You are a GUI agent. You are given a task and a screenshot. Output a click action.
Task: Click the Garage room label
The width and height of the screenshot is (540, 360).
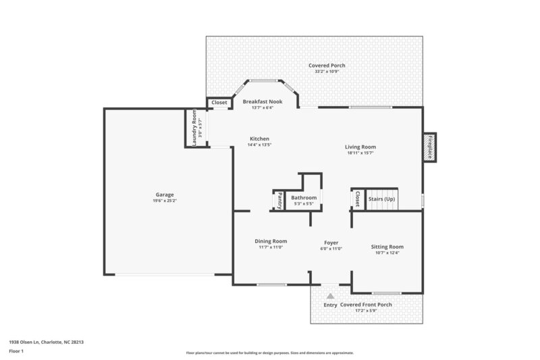tap(165, 195)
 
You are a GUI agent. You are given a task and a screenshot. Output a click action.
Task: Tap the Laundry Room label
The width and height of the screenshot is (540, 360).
tap(194, 128)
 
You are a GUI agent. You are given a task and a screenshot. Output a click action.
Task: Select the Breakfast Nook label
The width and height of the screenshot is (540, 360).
tap(262, 102)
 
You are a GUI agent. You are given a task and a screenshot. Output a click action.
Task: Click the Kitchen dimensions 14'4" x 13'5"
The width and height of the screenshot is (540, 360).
tap(259, 145)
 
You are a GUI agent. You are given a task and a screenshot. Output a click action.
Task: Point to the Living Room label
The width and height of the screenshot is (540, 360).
tap(360, 147)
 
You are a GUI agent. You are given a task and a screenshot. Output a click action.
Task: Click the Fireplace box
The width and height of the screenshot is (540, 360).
tap(429, 147)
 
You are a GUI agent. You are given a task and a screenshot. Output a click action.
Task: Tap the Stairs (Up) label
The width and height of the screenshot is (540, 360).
tap(381, 199)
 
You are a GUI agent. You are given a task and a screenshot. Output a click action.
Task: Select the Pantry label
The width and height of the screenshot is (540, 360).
tap(279, 201)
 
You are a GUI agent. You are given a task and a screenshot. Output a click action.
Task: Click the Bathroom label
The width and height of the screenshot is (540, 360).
tap(304, 198)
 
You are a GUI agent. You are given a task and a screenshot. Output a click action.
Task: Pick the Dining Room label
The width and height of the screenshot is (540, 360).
tap(271, 241)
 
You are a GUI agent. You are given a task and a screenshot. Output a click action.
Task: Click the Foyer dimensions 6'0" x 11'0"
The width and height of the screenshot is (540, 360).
tap(331, 249)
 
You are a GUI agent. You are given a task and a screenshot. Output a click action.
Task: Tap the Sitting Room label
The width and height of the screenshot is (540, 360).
tap(387, 247)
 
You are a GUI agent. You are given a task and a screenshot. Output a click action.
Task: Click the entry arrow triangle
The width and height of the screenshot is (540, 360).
tap(330, 297)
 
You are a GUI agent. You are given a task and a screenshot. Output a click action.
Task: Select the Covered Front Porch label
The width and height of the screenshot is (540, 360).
tap(366, 305)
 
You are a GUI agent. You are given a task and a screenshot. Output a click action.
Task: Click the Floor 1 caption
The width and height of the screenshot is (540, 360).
tap(16, 351)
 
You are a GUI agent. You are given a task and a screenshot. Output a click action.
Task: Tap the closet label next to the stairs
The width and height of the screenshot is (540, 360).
tap(357, 199)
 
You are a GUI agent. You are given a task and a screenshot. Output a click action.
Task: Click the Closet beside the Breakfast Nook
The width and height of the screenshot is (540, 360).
tap(219, 103)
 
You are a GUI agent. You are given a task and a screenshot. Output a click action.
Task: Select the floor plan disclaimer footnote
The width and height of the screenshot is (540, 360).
tap(269, 353)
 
